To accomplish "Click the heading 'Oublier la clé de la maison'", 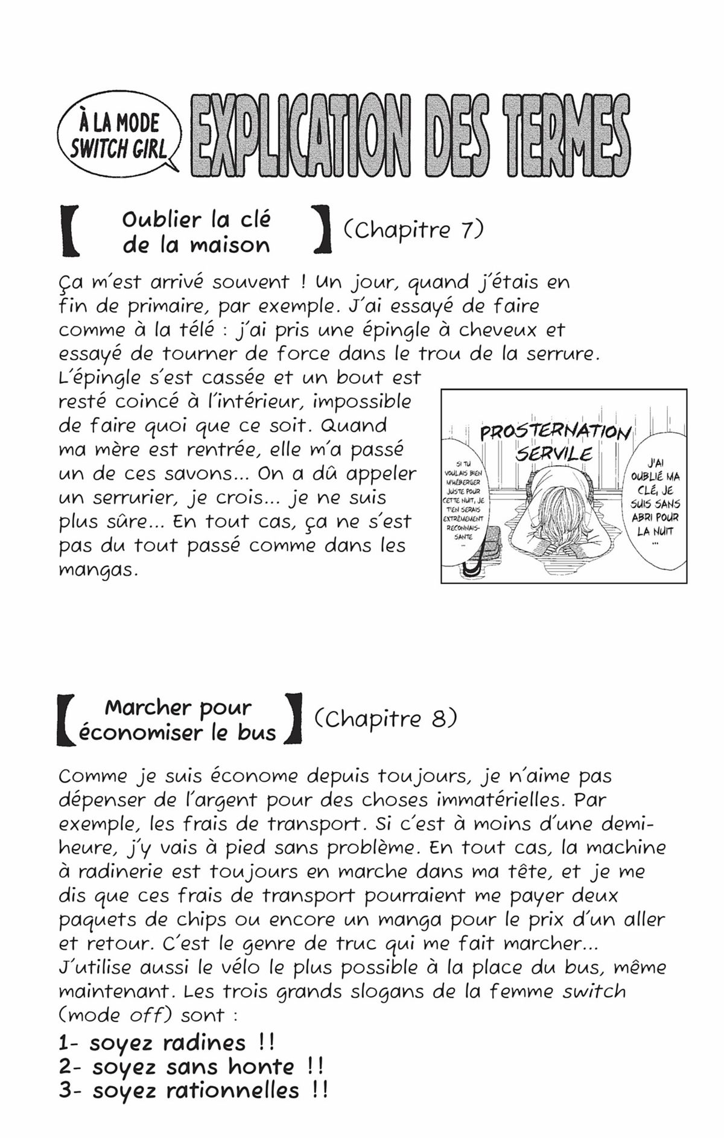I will click(196, 232).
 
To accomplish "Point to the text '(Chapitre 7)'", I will click(414, 230).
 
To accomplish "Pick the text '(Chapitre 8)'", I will click(386, 718).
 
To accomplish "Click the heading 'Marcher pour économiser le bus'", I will click(177, 719).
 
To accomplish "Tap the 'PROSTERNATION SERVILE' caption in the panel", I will click(554, 442).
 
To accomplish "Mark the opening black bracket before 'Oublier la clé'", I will click(70, 231).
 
